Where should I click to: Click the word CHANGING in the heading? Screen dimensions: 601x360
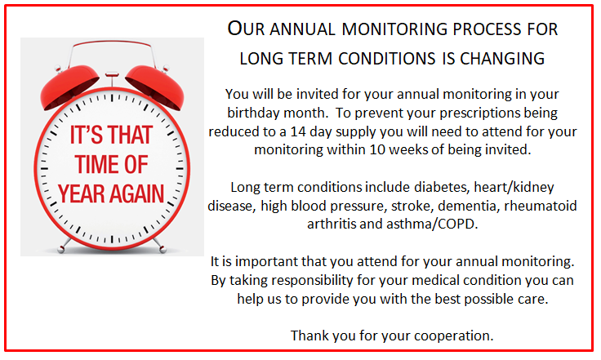click(502, 59)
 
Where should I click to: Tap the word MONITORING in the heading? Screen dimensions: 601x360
click(394, 29)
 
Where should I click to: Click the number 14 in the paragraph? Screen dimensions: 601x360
click(298, 131)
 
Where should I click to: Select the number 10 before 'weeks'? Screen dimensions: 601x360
click(377, 149)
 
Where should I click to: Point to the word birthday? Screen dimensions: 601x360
click(250, 113)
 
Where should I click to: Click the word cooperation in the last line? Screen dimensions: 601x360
click(454, 336)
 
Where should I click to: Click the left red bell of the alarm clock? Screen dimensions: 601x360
click(69, 87)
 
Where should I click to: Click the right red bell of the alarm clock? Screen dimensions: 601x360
click(155, 87)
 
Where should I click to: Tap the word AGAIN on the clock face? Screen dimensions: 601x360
click(138, 193)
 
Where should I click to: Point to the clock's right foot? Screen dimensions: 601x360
click(160, 246)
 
